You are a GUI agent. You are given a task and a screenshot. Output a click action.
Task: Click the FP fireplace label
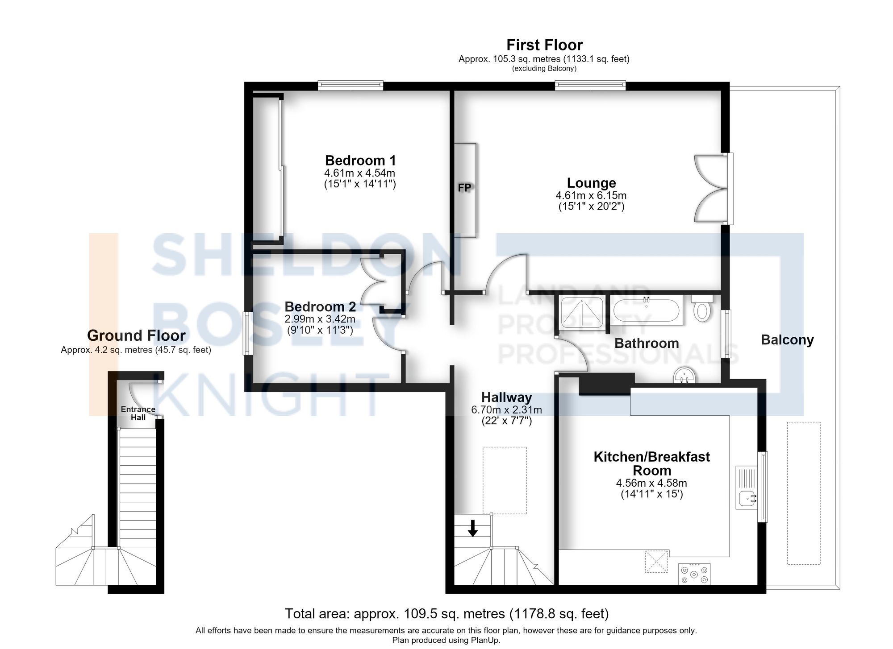464,188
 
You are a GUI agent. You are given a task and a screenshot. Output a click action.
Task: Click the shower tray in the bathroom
582,311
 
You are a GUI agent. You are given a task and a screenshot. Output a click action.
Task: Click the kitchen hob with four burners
694,574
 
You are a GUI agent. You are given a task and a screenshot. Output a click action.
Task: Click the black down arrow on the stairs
473,528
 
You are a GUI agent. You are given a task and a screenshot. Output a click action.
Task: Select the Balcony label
787,340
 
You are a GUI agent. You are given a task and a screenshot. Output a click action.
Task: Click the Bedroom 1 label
360,160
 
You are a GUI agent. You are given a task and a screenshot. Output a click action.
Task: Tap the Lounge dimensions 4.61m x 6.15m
591,195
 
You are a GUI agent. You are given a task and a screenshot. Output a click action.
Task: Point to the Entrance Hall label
138,413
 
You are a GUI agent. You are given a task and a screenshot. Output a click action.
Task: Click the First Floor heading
544,45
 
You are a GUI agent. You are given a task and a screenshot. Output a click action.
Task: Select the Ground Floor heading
136,335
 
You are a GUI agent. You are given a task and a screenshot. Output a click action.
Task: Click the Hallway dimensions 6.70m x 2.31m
506,409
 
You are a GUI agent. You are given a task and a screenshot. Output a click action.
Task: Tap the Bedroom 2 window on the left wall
247,333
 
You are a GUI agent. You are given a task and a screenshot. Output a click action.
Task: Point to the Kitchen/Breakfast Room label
651,463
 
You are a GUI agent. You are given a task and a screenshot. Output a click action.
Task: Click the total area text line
446,614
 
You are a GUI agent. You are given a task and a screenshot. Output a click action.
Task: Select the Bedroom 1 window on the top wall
351,85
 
